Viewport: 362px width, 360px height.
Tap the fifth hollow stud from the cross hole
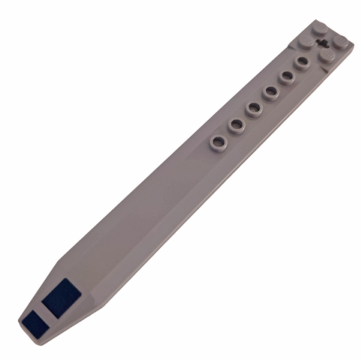point(236,124)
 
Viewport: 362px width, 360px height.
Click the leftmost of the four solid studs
point(303,45)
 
